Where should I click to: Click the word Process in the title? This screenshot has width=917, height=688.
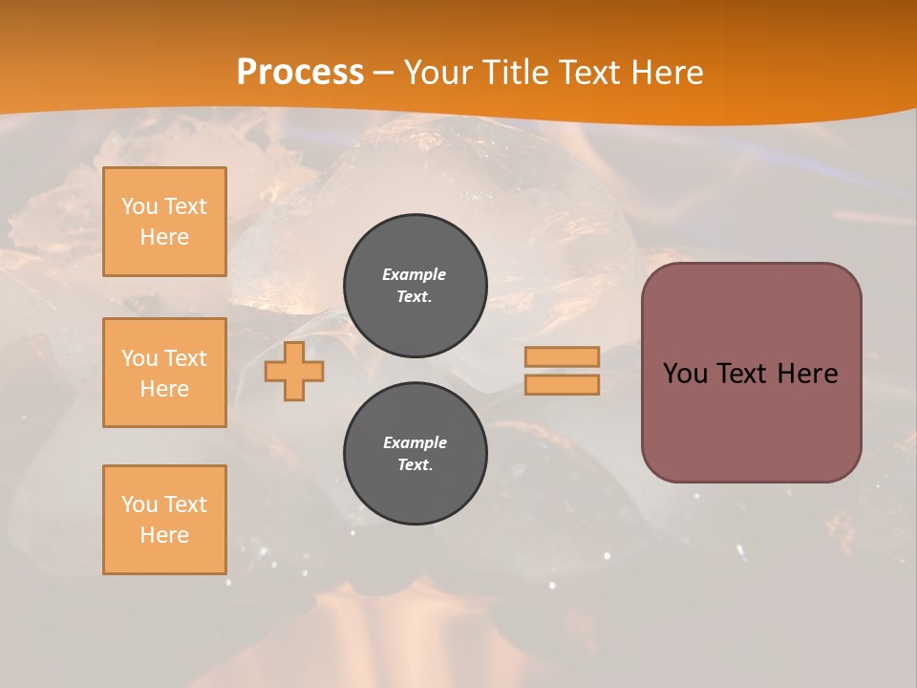click(300, 73)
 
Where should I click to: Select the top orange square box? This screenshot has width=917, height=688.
click(164, 222)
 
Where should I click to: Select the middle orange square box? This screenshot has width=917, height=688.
click(164, 373)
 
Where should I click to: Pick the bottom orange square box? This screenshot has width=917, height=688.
click(164, 519)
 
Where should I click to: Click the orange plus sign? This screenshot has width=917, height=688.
click(294, 372)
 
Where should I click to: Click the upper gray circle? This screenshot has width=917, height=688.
click(416, 286)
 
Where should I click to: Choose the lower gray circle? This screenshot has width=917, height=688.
click(416, 454)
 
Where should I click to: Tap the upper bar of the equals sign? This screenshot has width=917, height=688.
click(562, 356)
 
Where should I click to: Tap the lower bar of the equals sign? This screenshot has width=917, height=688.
click(562, 385)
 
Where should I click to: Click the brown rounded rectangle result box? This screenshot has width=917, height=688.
click(751, 430)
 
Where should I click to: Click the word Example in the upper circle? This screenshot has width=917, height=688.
click(415, 275)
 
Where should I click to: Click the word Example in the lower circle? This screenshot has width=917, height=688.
click(415, 443)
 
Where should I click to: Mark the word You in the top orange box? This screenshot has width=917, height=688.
click(139, 206)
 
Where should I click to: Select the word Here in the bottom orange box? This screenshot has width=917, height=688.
click(164, 535)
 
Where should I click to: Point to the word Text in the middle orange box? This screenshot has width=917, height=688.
click(184, 358)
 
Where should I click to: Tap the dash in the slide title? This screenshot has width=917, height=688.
click(384, 73)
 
